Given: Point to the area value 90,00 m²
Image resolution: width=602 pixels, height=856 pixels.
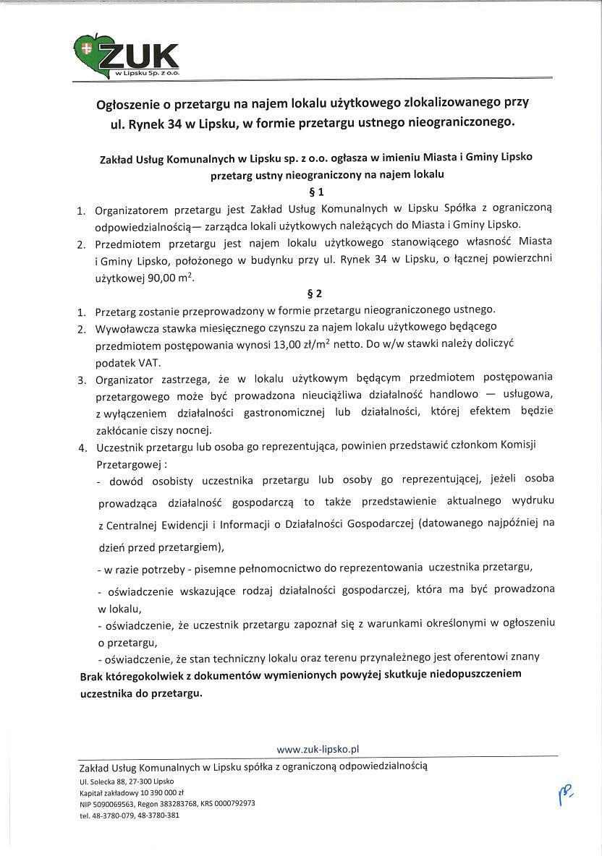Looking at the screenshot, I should coord(171,277).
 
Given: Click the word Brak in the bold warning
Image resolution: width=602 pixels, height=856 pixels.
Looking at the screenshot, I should coord(92,674).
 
